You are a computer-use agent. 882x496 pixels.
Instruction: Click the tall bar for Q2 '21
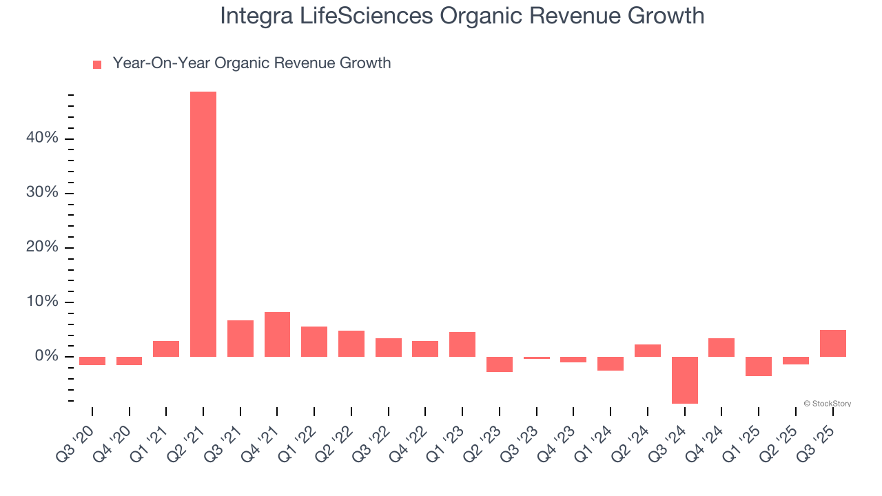(203, 224)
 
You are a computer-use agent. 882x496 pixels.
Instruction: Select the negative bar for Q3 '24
(684, 380)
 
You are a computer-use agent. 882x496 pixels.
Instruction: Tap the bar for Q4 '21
(277, 334)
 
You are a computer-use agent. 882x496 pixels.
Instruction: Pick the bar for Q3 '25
(832, 343)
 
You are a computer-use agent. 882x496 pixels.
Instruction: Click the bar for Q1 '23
(462, 344)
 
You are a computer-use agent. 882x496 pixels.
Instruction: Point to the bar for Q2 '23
(500, 364)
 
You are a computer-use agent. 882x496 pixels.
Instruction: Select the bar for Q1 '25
(759, 366)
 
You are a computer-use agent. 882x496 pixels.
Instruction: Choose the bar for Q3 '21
(240, 338)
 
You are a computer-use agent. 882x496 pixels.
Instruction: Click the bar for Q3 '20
(92, 361)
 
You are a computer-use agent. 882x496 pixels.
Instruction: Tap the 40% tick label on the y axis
(42, 138)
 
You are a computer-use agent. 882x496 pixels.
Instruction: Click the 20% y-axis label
(42, 247)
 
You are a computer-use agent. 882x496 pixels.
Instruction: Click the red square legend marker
(97, 64)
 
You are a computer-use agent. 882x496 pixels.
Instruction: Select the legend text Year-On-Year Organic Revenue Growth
(252, 63)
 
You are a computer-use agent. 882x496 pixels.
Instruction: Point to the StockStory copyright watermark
(827, 404)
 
